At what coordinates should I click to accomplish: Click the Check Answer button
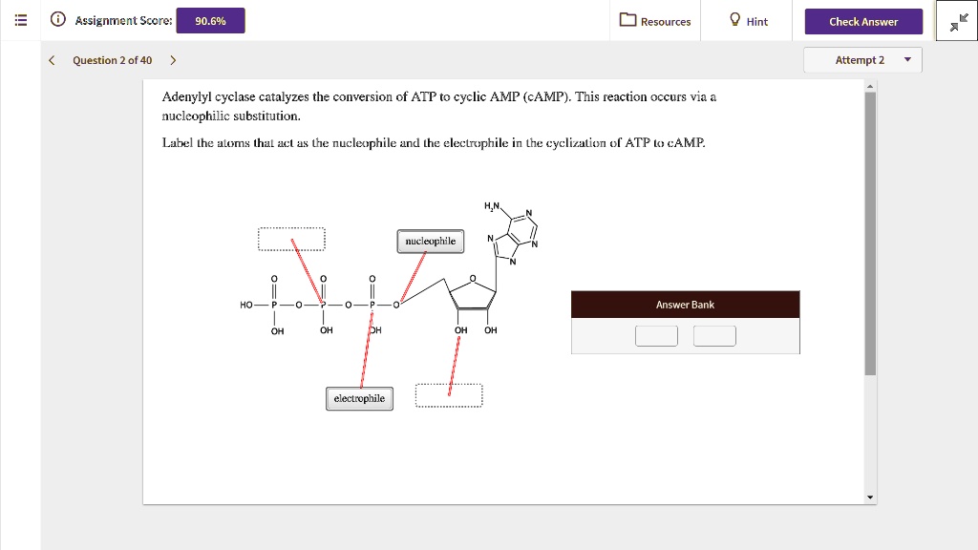[863, 21]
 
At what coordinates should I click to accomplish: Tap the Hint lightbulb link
[748, 21]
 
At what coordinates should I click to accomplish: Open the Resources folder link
[655, 21]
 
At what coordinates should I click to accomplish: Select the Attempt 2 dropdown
[862, 60]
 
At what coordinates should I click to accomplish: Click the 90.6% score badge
[210, 21]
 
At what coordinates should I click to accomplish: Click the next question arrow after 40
[173, 60]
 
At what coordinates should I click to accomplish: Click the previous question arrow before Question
[53, 60]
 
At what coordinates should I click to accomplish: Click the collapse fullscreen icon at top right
[958, 22]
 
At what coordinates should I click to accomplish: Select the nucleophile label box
[430, 242]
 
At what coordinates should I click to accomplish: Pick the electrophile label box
[359, 398]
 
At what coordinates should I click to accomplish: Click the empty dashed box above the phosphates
[291, 239]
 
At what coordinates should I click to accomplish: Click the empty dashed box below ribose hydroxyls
[449, 396]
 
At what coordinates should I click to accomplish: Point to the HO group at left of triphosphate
[246, 305]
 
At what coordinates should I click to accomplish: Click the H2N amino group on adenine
[492, 206]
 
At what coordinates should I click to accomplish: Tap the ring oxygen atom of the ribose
[472, 280]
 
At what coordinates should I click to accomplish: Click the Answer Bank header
[685, 305]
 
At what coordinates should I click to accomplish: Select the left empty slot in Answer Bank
[656, 336]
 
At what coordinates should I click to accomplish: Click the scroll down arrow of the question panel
[869, 497]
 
